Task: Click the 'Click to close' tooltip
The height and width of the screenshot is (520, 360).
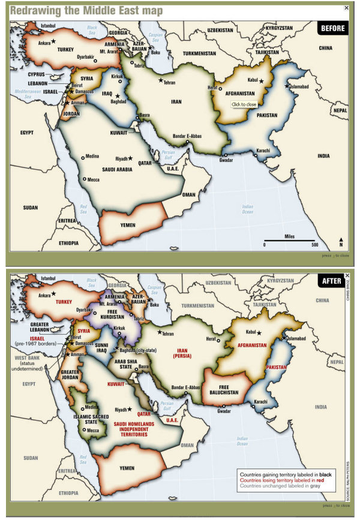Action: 244,104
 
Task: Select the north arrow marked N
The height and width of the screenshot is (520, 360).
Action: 341,242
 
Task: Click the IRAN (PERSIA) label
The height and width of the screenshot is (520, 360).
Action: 182,354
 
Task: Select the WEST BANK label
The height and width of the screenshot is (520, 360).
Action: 25,358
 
